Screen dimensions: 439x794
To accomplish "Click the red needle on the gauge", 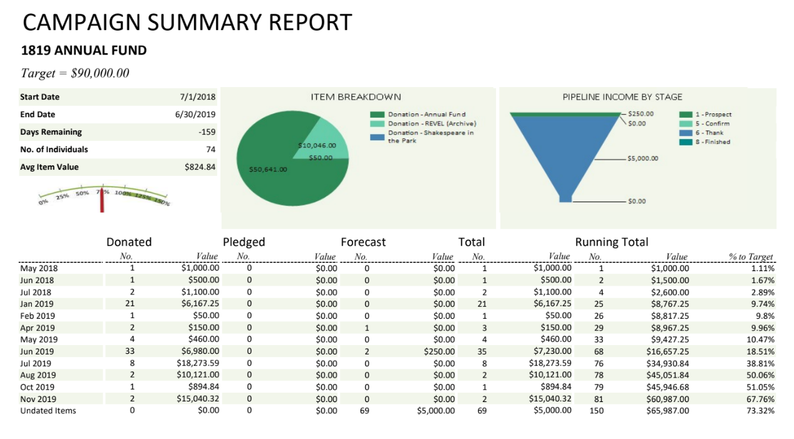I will pyautogui.click(x=102, y=200).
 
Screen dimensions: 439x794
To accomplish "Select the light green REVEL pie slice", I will pyautogui.click(x=333, y=138).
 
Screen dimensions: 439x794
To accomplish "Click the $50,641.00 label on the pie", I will pyautogui.click(x=267, y=169).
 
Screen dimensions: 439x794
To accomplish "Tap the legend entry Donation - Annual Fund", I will pyautogui.click(x=426, y=115).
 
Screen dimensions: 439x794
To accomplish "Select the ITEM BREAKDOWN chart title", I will pyautogui.click(x=356, y=97).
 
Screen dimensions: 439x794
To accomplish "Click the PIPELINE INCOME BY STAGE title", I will pyautogui.click(x=622, y=97).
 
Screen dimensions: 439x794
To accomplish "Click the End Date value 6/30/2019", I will pyautogui.click(x=195, y=115).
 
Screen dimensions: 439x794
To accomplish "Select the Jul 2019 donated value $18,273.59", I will pyautogui.click(x=198, y=363).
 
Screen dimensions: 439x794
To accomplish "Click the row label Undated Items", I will pyautogui.click(x=48, y=411).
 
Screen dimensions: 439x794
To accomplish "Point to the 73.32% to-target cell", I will pyautogui.click(x=760, y=411).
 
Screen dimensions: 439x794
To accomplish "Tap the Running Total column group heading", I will pyautogui.click(x=611, y=242).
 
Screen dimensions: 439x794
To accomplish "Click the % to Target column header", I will pyautogui.click(x=751, y=257).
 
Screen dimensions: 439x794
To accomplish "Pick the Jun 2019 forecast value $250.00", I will pyautogui.click(x=439, y=351).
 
